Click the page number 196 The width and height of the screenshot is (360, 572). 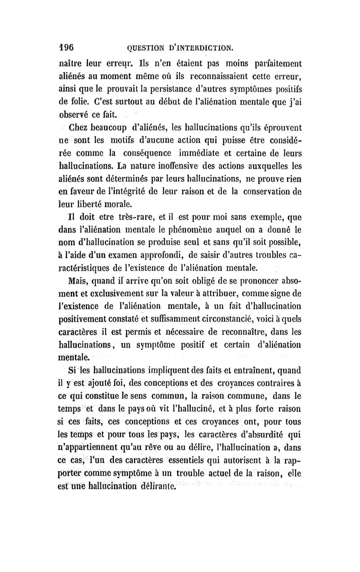70,47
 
